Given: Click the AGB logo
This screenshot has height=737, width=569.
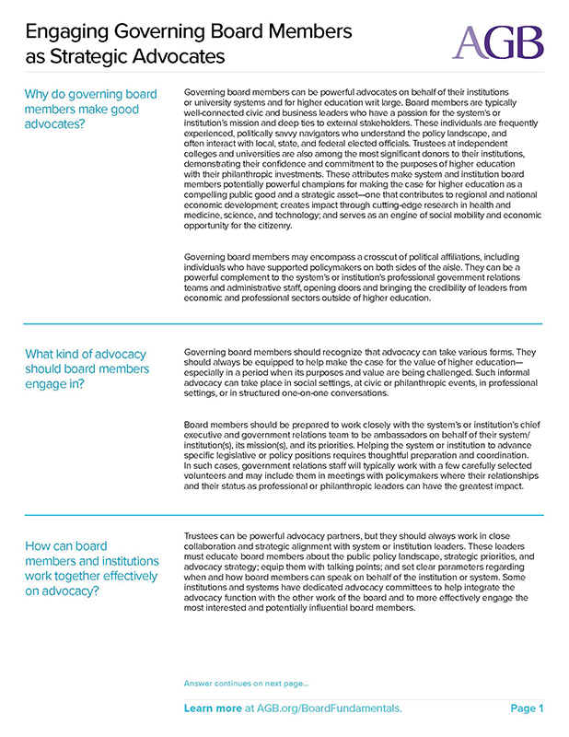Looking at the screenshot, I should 498,41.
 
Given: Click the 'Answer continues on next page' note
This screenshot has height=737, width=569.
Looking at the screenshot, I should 247,684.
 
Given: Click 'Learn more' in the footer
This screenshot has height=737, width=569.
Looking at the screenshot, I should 213,708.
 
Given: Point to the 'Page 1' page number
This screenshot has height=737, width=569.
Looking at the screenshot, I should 527,708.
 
